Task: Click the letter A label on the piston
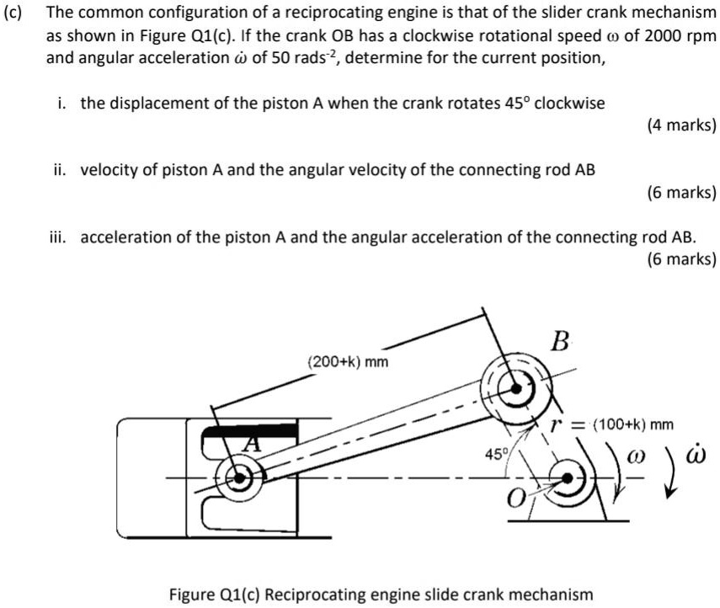(249, 442)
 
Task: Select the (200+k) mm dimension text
(349, 362)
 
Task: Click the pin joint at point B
(512, 388)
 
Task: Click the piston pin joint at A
(240, 477)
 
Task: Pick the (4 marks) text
(681, 125)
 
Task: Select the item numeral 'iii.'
(60, 237)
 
